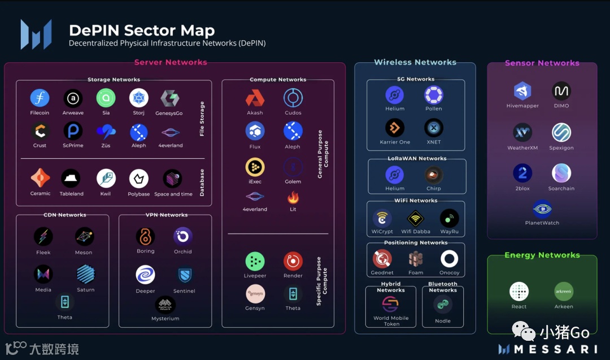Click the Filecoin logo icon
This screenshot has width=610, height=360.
pyautogui.click(x=40, y=98)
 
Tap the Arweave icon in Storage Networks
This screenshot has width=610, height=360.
pyautogui.click(x=73, y=98)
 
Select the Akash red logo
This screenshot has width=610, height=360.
pyautogui.click(x=255, y=98)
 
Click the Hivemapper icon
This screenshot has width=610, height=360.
pyautogui.click(x=522, y=91)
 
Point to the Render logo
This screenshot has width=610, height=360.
pyautogui.click(x=293, y=261)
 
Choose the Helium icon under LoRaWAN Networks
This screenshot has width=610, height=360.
pyautogui.click(x=395, y=174)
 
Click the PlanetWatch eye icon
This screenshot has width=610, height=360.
pyautogui.click(x=542, y=209)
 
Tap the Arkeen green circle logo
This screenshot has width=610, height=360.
pyautogui.click(x=564, y=292)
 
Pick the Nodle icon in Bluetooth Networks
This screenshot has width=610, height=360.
pyautogui.click(x=443, y=305)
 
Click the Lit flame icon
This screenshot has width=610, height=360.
pyautogui.click(x=293, y=198)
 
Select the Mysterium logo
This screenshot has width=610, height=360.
pyautogui.click(x=165, y=305)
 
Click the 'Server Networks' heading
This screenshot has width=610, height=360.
pyautogui.click(x=171, y=62)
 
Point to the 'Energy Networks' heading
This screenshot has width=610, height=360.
pyautogui.click(x=542, y=255)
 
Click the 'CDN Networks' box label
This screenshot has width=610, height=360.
pyautogui.click(x=65, y=215)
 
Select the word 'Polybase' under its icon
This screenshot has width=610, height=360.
pyautogui.click(x=139, y=194)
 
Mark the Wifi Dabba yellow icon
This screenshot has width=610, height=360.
pyautogui.click(x=416, y=218)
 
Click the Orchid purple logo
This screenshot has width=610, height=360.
pyautogui.click(x=183, y=236)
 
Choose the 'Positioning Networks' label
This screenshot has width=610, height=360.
pyautogui.click(x=416, y=243)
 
